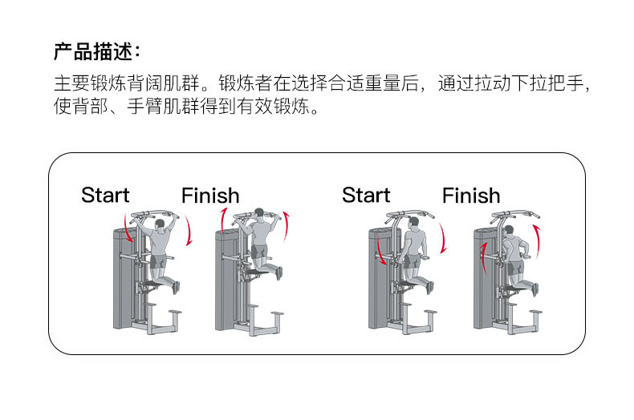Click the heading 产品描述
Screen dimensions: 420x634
coord(96,52)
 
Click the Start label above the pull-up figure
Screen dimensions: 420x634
coord(105,195)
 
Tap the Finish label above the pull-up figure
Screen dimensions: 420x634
coord(209,196)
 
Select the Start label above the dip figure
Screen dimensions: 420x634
coord(366,195)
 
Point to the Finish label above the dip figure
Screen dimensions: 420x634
coord(470,196)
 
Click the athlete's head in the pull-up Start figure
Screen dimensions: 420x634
coord(159,224)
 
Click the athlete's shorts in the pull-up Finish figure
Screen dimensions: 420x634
coord(258,253)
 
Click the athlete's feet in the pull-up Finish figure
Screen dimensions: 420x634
coord(279,273)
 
